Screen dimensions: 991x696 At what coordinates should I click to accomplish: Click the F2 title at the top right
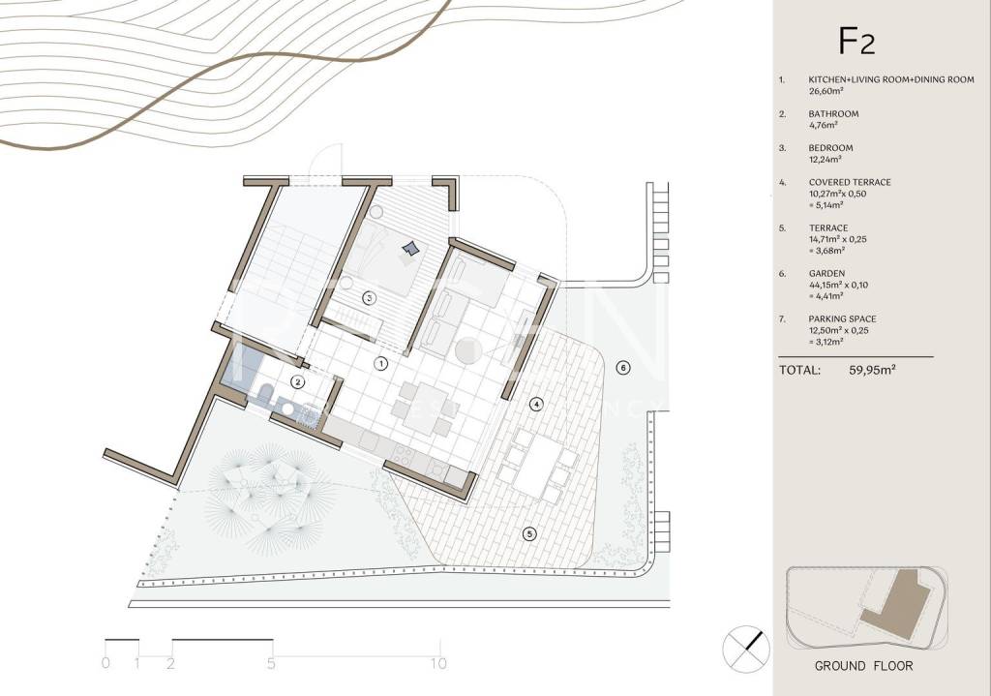coord(856,41)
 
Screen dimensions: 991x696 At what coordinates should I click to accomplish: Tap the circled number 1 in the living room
coord(380,363)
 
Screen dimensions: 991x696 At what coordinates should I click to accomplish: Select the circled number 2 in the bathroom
coord(298,381)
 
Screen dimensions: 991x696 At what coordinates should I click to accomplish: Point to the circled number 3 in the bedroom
coord(369,297)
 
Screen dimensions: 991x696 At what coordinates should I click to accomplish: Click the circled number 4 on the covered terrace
coord(536,404)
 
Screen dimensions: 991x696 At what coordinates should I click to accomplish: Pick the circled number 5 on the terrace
coord(529,534)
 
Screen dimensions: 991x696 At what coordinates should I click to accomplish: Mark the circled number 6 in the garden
coord(623,367)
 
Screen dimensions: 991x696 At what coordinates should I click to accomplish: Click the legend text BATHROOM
coord(833,114)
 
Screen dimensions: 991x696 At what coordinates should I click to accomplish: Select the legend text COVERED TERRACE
coord(850,182)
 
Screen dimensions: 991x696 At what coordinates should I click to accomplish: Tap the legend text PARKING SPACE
coord(843,319)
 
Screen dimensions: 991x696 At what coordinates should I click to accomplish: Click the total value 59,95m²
coord(872,370)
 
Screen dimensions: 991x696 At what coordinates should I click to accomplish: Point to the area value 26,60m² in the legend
coord(826,91)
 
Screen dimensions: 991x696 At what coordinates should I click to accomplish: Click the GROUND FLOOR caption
coord(863,666)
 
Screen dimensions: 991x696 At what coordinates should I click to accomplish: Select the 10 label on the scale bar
coord(438,664)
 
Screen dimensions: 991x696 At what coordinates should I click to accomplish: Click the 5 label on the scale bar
coord(271,664)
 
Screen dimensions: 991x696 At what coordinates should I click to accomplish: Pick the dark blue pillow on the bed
coord(410,249)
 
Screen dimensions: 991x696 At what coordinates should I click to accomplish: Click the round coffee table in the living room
coord(469,350)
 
